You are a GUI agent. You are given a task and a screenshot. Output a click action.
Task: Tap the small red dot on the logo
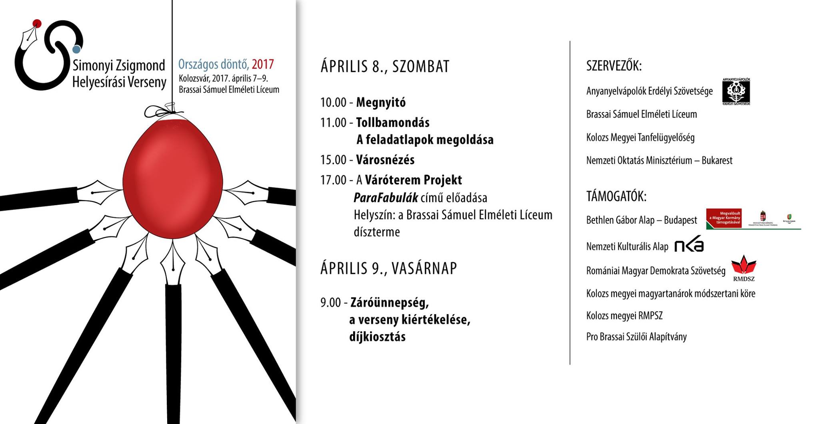pos(37,23)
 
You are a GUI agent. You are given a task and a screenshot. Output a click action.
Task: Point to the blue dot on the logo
pos(76,49)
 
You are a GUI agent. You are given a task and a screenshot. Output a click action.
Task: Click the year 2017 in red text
pos(263,64)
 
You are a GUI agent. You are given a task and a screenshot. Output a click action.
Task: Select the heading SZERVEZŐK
pos(614,66)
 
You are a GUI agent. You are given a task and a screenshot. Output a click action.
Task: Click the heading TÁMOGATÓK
pos(616,196)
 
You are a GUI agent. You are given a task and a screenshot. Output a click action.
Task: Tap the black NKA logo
pos(689,244)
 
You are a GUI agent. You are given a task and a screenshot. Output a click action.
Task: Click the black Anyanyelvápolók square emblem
pos(736,91)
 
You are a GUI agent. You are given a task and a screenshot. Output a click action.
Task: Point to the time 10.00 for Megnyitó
pos(333,103)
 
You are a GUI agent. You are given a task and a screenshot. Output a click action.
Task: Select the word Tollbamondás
pos(393,123)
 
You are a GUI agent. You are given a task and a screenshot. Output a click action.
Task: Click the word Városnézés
pos(385,160)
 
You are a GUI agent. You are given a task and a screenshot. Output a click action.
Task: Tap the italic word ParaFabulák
pos(386,198)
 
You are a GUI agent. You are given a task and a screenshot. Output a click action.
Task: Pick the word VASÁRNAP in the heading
pos(424,268)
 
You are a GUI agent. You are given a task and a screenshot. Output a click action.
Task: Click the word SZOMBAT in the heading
pos(421,66)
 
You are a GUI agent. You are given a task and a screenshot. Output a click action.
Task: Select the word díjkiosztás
pos(377,337)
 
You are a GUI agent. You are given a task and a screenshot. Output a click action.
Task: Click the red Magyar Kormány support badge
pos(724,218)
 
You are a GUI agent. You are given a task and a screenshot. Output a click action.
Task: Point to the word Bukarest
pos(717,160)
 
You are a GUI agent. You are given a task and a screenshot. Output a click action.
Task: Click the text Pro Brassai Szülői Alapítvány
pos(636,337)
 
